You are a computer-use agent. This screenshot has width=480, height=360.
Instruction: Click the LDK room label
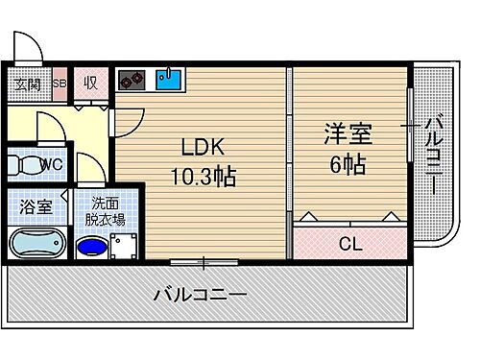(204, 149)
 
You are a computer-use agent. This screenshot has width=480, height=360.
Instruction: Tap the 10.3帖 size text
(204, 177)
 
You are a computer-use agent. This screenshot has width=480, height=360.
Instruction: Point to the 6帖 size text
(347, 164)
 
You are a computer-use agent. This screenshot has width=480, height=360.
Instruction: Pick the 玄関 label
(27, 83)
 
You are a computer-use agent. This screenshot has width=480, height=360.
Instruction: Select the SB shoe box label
(59, 83)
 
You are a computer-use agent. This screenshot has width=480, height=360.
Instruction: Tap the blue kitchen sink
(169, 78)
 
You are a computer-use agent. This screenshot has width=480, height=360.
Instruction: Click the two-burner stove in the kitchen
(132, 79)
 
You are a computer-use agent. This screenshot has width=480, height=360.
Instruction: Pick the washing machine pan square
(123, 248)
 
